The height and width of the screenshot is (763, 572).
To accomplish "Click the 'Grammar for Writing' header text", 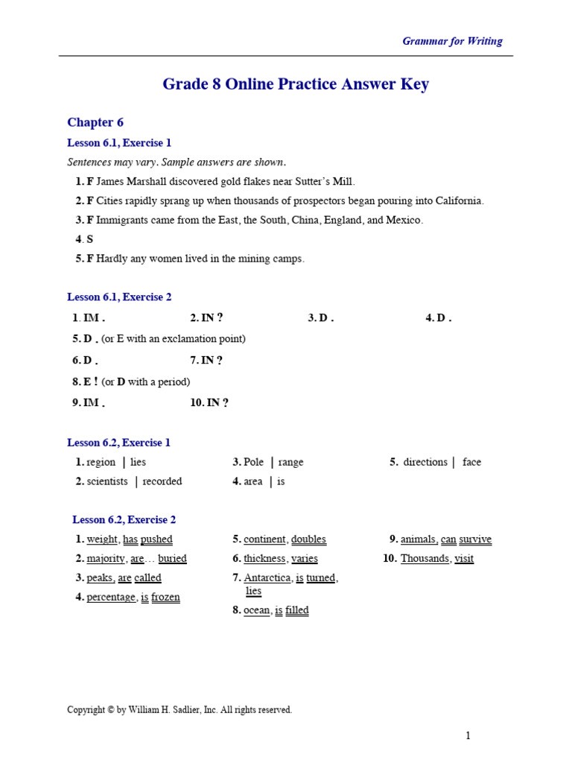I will coord(452,42).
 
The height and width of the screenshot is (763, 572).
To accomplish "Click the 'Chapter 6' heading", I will coord(95,122).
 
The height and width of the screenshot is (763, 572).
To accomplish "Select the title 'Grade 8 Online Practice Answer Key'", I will coord(296,84).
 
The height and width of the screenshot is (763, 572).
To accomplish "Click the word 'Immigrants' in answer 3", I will coord(121,221).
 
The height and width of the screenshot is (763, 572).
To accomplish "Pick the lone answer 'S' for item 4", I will coord(89,240).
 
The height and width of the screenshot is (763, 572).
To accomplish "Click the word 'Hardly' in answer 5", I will coord(112,259).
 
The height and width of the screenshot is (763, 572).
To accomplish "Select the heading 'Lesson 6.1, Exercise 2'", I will coord(119,297).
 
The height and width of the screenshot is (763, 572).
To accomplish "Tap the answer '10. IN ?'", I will coord(209,403).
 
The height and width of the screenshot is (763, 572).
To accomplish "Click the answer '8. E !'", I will coord(85,382).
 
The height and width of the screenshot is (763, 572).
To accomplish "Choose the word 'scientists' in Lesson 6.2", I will coord(107,482).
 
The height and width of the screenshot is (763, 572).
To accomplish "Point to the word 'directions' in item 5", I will coord(425,463).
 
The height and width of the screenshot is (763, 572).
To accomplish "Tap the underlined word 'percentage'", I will coord(111,598).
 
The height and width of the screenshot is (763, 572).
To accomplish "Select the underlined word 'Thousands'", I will coord(425,559).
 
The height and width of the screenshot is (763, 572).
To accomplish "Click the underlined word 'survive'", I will coord(475,539).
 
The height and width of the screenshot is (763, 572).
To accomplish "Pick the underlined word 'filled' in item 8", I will coord(296,611).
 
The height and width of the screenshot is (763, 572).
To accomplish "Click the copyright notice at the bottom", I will coord(179,710).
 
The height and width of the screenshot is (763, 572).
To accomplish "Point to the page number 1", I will coord(468,736).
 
